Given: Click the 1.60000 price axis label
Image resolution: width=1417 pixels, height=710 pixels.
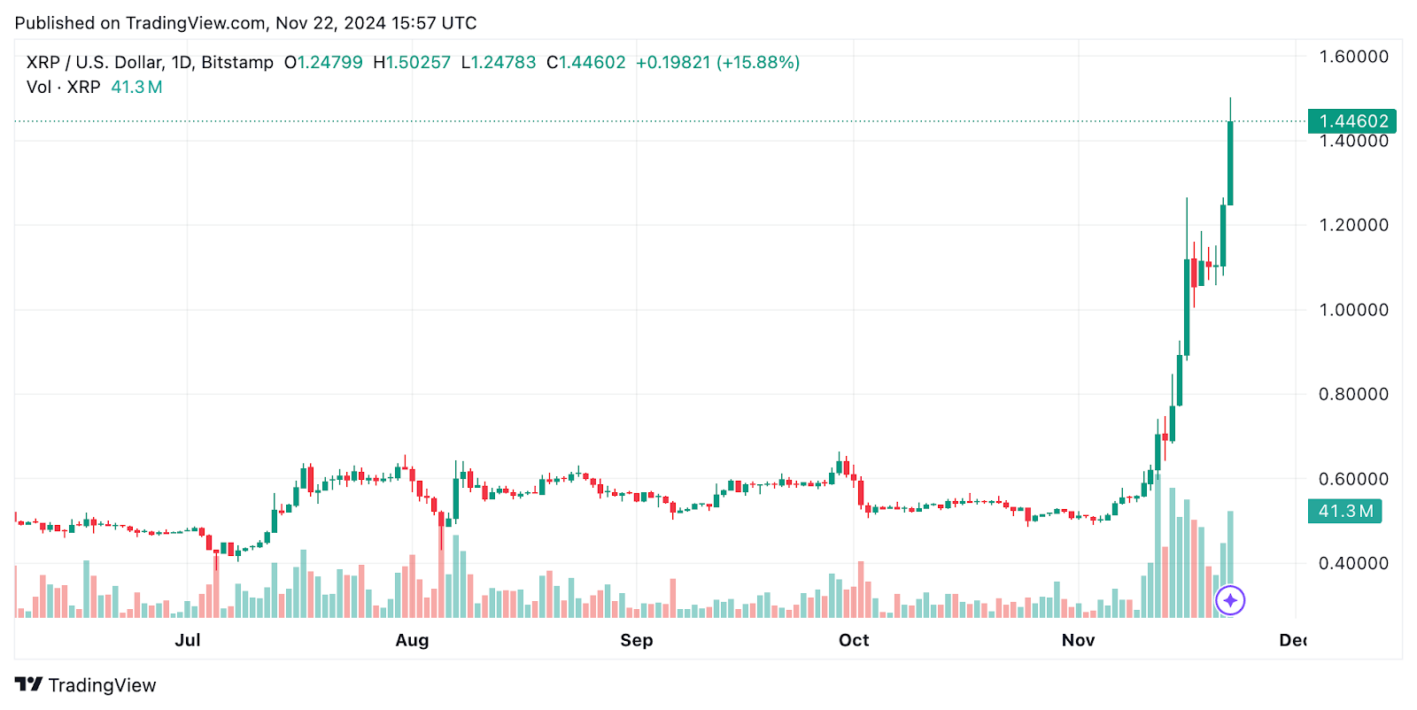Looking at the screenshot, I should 1353,57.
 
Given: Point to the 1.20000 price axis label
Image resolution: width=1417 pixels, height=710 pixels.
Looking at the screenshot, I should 1353,225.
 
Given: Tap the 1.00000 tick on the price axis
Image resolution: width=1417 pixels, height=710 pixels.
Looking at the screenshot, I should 1353,310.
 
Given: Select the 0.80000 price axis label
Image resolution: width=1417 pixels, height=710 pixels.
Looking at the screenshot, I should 1353,394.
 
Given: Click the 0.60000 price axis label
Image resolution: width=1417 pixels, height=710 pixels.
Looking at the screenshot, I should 1353,479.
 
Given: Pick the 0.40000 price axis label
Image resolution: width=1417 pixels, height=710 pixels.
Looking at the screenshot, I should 1353,563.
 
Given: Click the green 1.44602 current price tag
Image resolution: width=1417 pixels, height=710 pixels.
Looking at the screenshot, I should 1352,121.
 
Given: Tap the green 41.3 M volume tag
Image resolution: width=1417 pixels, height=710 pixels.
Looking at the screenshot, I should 1344,511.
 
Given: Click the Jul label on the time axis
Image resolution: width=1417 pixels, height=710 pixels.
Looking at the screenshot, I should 188,640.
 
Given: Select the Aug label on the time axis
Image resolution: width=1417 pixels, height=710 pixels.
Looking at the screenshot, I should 412,640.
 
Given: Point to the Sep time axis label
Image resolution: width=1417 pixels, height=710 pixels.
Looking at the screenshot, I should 636,640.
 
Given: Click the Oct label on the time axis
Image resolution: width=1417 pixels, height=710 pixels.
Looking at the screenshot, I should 854,640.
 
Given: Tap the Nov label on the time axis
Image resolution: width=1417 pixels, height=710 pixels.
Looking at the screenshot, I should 1078,640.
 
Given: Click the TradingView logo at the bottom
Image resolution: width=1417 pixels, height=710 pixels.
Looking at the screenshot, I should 86,685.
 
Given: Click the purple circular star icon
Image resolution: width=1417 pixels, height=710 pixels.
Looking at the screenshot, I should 1230,600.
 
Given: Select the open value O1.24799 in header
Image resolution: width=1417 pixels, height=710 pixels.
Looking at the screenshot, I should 323,63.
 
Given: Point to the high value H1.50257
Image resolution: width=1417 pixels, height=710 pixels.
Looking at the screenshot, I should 412,63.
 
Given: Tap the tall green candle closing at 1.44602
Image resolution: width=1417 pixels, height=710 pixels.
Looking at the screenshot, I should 1230,164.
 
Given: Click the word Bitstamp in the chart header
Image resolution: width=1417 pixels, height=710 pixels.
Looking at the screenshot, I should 237,63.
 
